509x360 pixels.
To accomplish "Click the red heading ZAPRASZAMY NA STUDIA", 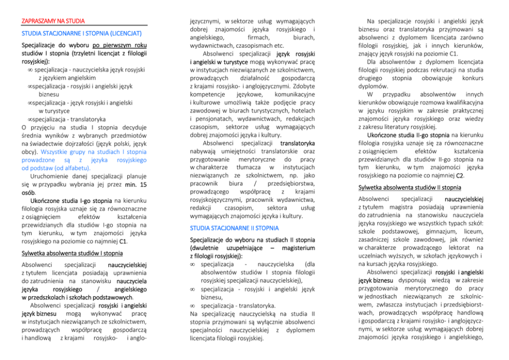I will (53, 21).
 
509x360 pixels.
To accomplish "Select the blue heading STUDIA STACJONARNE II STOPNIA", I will (227, 227).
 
